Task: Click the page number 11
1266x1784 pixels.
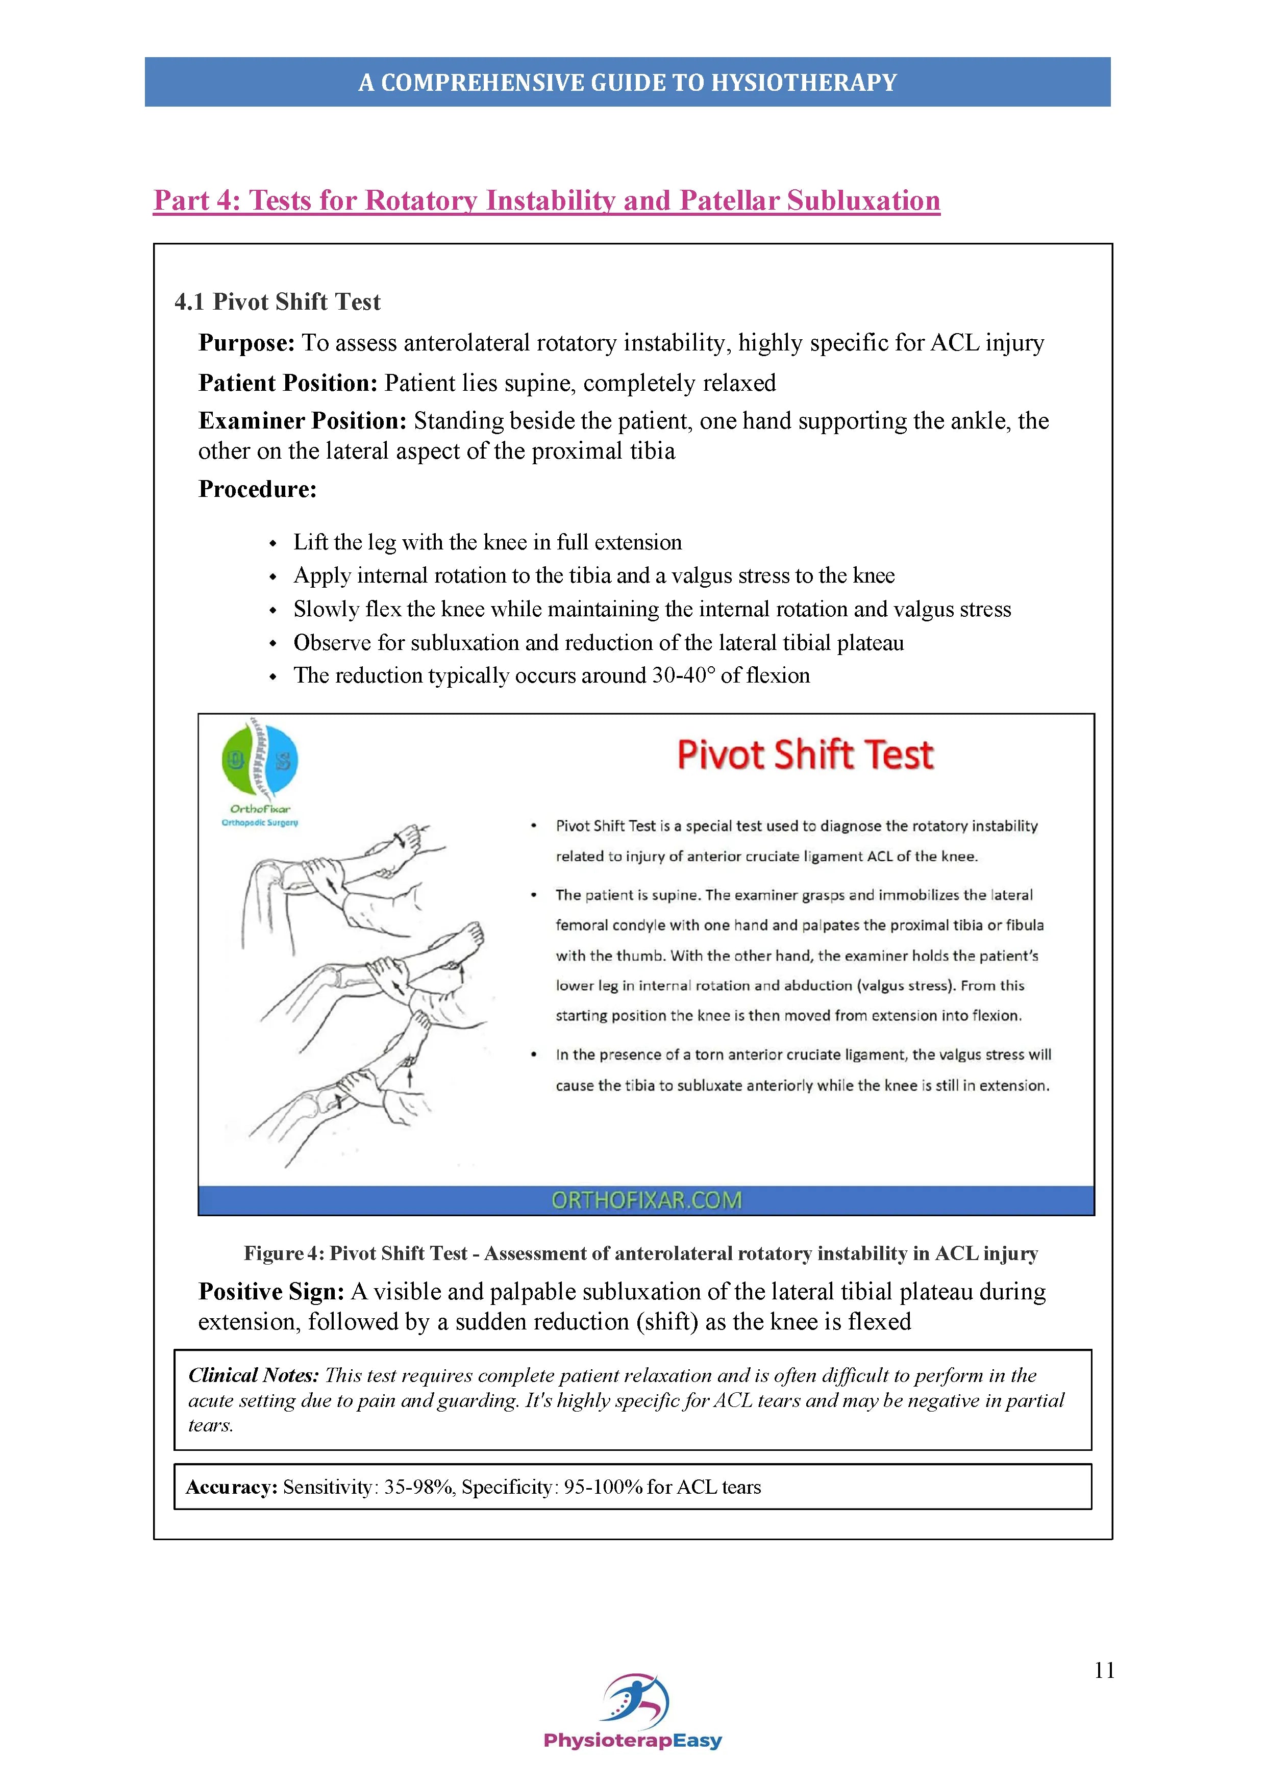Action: [x=1104, y=1670]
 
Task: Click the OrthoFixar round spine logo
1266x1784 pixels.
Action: [x=260, y=760]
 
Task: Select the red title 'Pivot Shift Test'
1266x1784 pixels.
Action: [x=805, y=755]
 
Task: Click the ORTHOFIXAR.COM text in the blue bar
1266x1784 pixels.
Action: [x=646, y=1200]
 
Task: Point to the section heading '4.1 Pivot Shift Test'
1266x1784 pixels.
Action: [x=278, y=301]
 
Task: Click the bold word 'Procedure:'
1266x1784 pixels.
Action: [x=257, y=489]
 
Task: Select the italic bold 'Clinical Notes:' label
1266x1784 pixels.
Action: [x=254, y=1375]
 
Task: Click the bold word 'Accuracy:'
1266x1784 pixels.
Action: [x=232, y=1487]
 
